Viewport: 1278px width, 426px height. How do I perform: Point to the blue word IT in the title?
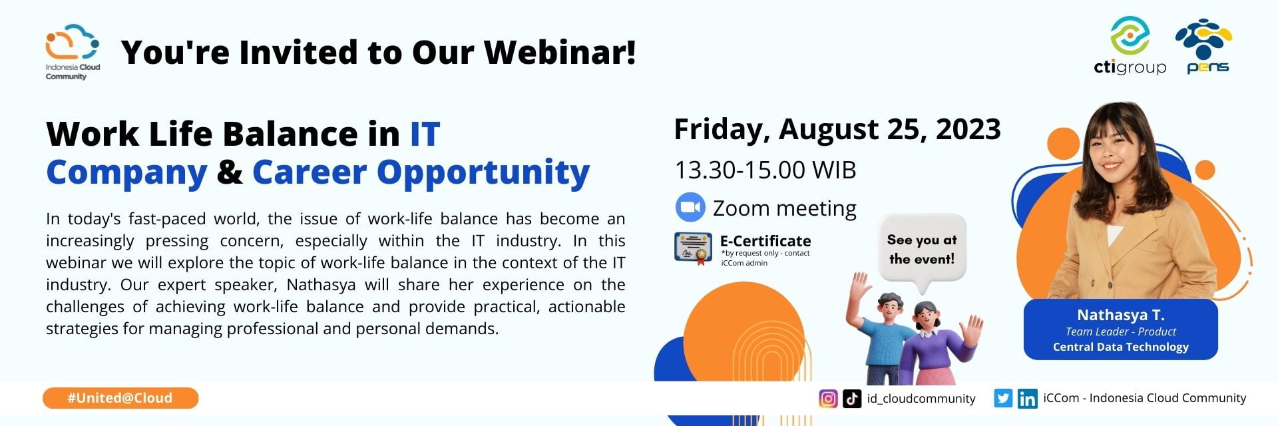(x=425, y=134)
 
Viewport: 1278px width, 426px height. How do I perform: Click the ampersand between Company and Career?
(x=230, y=172)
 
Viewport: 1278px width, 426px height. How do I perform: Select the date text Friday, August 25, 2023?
(x=837, y=129)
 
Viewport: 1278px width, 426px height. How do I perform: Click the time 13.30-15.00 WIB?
(x=765, y=170)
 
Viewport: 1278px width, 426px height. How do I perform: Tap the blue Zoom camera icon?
(x=690, y=208)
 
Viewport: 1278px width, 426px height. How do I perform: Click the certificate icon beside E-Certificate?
(x=693, y=248)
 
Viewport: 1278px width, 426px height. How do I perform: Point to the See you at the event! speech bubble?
(x=921, y=250)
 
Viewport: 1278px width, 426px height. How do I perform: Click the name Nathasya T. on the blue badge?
(x=1120, y=315)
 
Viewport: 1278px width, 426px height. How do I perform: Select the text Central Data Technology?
(x=1120, y=347)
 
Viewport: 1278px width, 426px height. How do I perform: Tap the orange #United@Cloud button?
(x=120, y=398)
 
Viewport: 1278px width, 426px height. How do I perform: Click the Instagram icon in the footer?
(x=828, y=399)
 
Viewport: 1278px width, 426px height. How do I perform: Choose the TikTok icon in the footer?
(x=852, y=399)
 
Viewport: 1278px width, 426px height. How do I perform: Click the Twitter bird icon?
(x=1003, y=399)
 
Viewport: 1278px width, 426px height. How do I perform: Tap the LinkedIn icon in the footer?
(x=1027, y=399)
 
